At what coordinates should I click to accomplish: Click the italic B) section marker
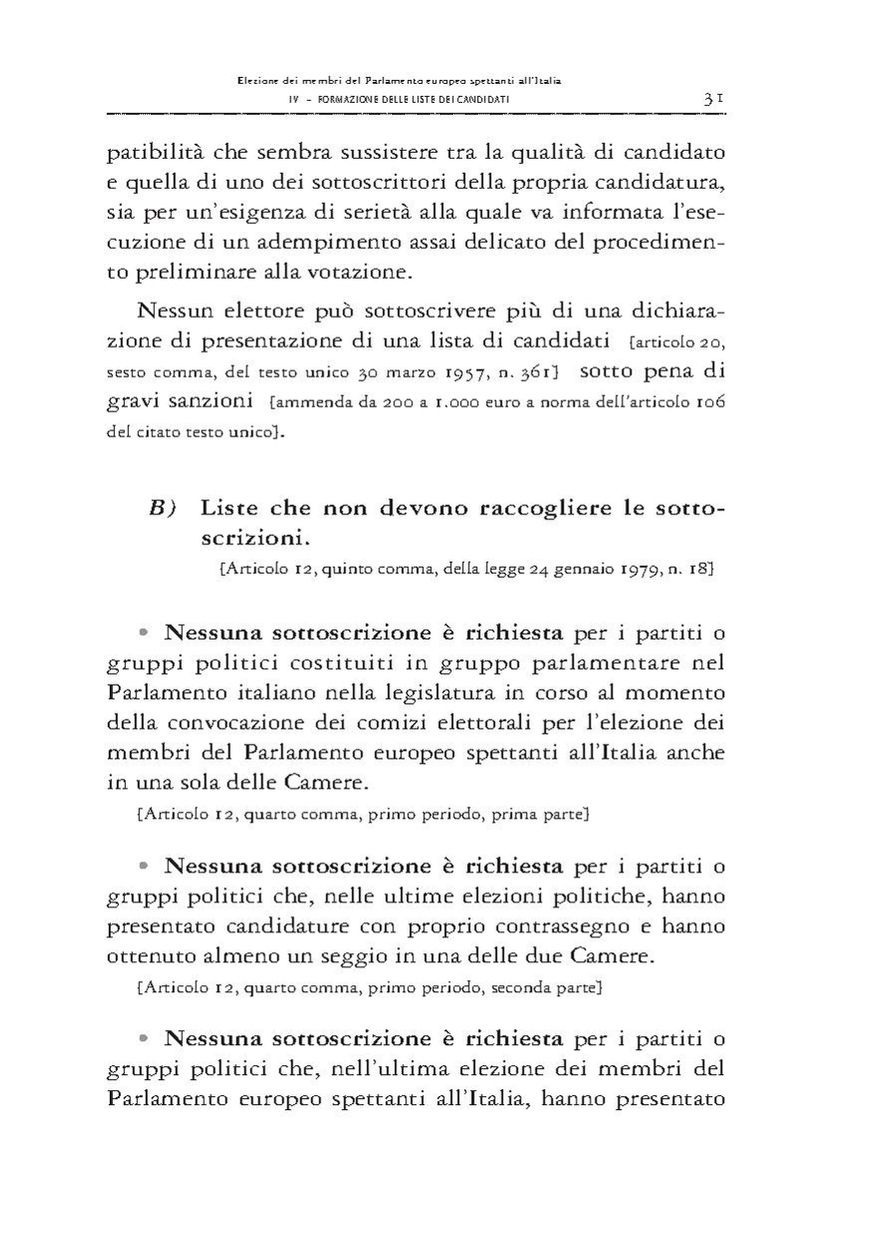[x=163, y=507]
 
